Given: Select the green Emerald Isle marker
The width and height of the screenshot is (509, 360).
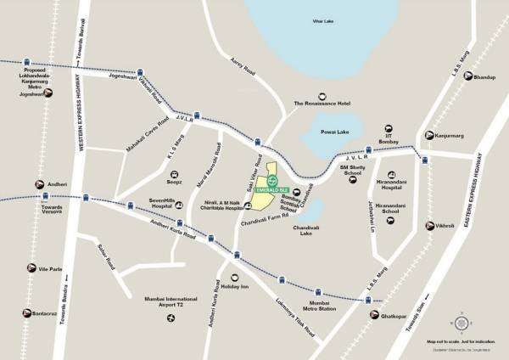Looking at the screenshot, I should coord(271,180).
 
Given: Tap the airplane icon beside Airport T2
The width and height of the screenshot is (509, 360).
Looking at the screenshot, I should coord(171,318).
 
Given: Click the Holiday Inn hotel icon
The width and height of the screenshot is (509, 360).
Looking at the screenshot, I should coord(234,276).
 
